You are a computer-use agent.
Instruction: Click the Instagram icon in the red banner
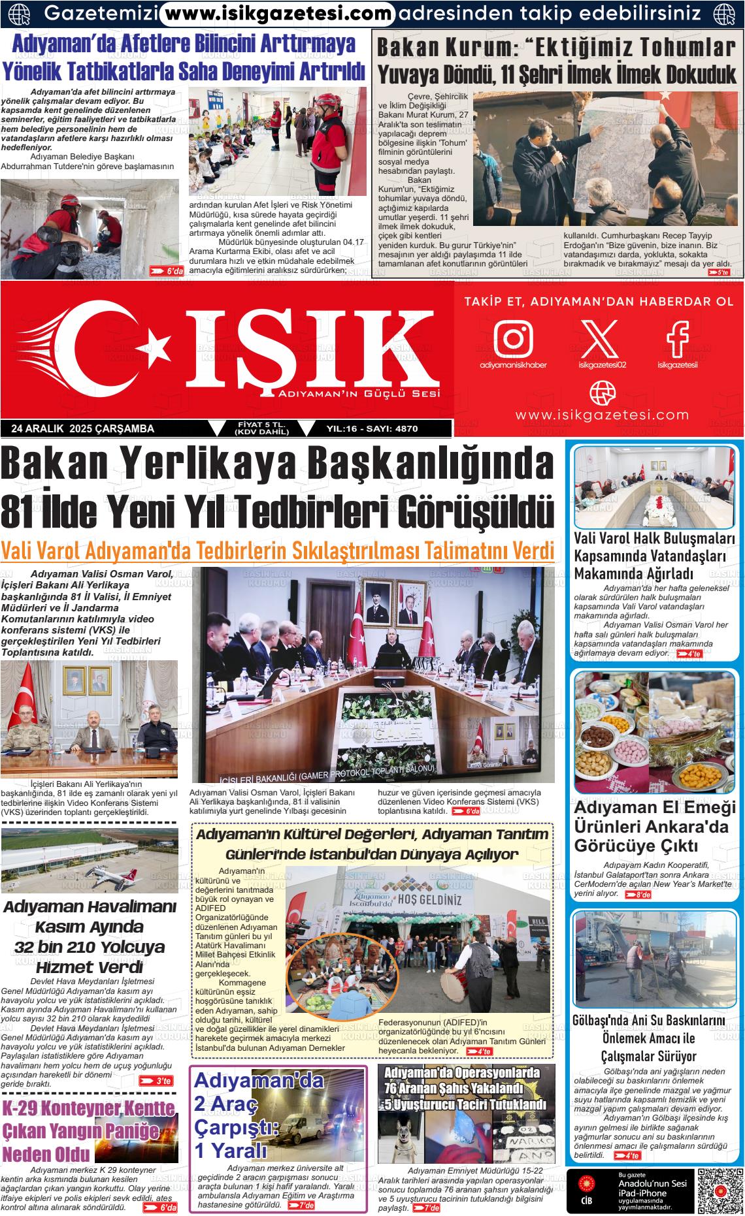(x=513, y=338)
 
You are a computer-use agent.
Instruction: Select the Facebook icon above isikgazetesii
(x=678, y=338)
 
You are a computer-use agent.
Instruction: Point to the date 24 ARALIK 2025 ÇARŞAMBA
(x=83, y=428)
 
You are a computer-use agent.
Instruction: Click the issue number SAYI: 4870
(x=391, y=429)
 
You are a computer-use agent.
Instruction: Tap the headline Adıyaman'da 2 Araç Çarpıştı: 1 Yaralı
(x=250, y=1123)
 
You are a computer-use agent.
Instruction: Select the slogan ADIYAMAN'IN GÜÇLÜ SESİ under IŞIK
(x=359, y=394)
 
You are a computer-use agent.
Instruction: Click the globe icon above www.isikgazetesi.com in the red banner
(x=602, y=393)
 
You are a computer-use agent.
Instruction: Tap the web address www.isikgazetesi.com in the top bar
(x=278, y=12)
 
